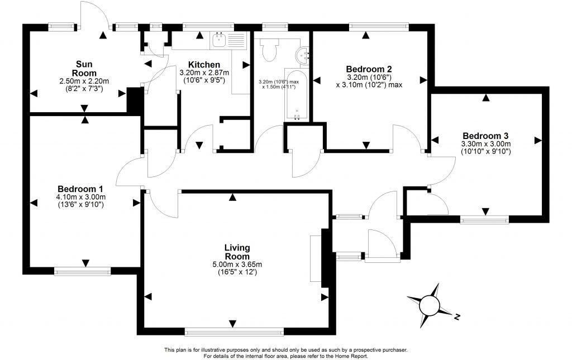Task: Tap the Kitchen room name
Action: click(203, 65)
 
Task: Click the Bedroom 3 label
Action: click(485, 136)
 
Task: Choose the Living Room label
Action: click(237, 252)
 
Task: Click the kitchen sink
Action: click(218, 40)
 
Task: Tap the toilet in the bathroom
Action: click(269, 50)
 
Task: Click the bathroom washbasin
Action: click(303, 54)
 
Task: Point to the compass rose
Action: click(430, 305)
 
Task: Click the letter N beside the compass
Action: click(457, 317)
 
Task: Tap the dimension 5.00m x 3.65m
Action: click(237, 265)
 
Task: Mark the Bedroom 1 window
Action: click(82, 271)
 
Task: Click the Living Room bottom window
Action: click(235, 332)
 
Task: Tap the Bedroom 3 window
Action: click(484, 219)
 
